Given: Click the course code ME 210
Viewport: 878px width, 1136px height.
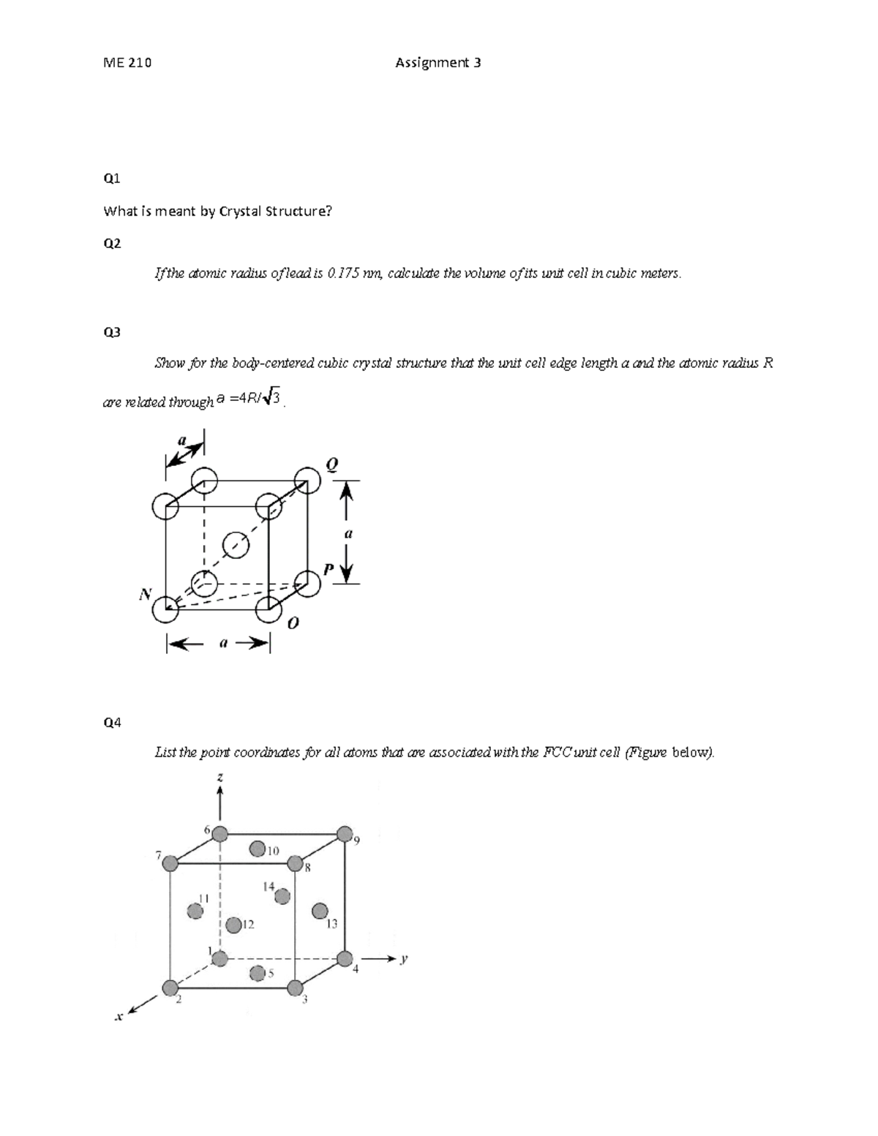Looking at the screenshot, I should (127, 63).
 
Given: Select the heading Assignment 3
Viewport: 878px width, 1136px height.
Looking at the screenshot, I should (438, 63).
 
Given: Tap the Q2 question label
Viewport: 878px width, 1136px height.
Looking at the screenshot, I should (112, 244).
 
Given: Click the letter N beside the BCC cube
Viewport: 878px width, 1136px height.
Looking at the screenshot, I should (144, 595).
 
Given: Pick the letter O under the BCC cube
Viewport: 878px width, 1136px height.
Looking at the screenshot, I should (293, 623).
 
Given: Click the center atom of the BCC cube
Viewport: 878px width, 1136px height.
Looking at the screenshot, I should (236, 544).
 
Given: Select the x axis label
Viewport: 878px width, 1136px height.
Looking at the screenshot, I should (118, 1017).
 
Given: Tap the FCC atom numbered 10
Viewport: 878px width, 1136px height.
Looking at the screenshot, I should (257, 849).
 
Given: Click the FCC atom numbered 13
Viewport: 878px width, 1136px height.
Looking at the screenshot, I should (319, 911).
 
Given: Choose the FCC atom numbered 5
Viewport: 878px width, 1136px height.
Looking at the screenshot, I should (257, 973).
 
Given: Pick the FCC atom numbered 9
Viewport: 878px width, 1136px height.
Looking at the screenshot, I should (345, 833).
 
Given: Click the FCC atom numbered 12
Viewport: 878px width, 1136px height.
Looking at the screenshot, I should (233, 925).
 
